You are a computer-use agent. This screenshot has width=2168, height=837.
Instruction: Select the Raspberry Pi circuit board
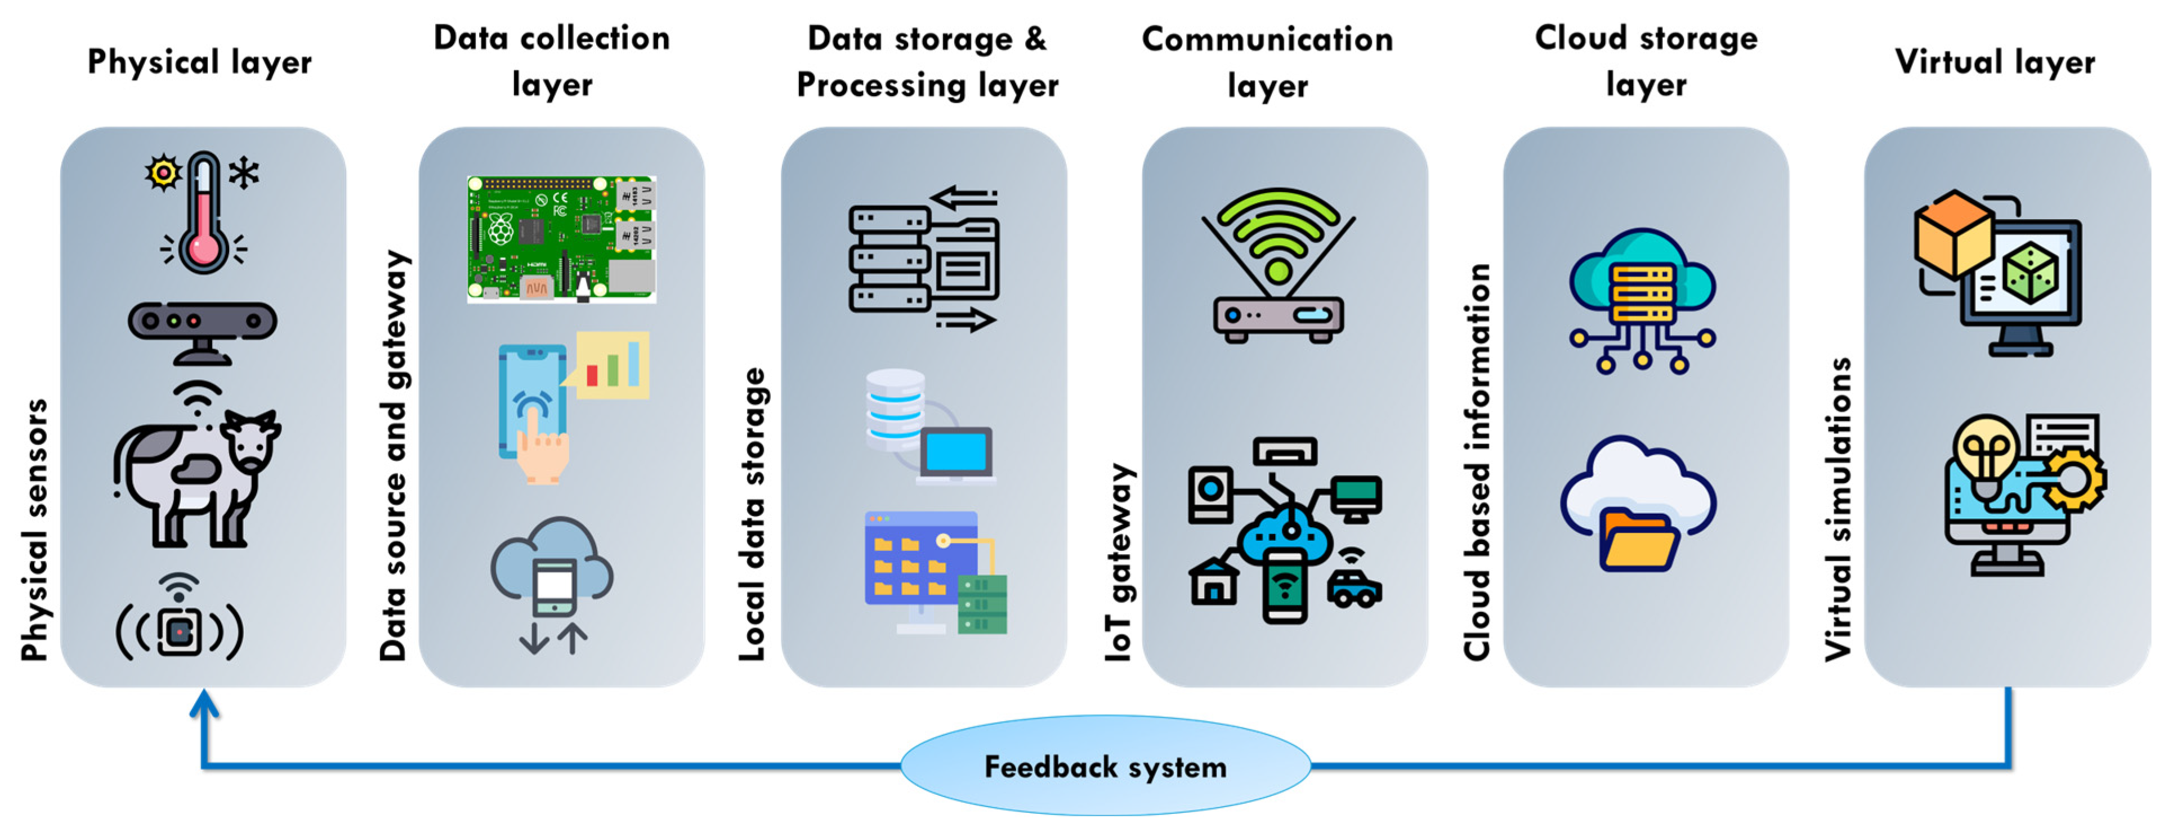pyautogui.click(x=561, y=239)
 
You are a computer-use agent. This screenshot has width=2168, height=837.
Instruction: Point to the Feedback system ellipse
pyautogui.click(x=1105, y=765)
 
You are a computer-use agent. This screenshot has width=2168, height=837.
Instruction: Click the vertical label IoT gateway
pyautogui.click(x=1119, y=562)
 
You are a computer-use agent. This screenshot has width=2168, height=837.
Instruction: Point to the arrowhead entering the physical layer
pyautogui.click(x=204, y=702)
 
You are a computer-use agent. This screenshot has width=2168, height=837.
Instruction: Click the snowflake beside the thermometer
pyautogui.click(x=244, y=173)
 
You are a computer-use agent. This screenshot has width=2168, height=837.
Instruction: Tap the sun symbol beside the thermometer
pyautogui.click(x=163, y=172)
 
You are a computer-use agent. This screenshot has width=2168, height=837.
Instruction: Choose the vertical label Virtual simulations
pyautogui.click(x=1838, y=509)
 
